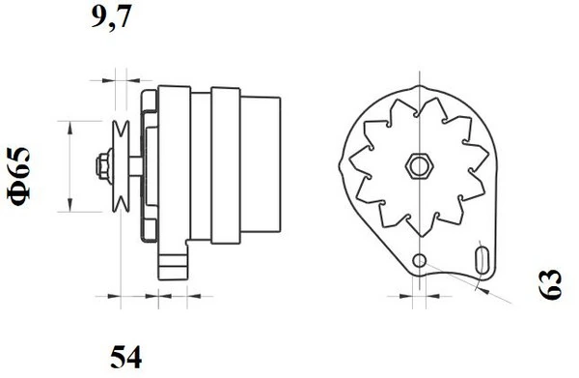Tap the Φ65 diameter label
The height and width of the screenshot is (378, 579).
21,173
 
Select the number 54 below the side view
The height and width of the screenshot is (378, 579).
124,360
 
